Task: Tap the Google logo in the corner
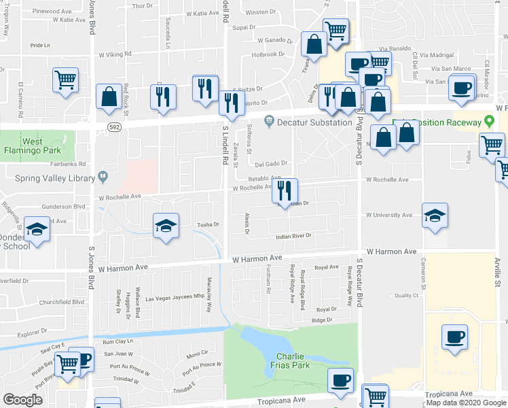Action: coord(22,400)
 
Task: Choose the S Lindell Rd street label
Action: coord(225,147)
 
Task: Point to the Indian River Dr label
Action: coord(293,236)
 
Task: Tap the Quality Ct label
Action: coord(406,295)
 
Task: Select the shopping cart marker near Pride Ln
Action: coord(65,80)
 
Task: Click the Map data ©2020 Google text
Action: coord(466,403)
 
